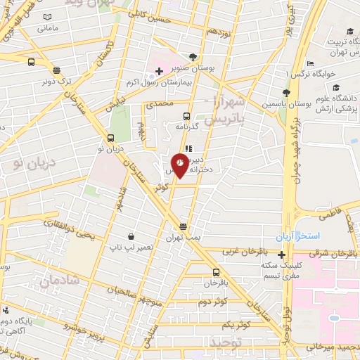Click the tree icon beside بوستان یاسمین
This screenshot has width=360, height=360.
pos(286,93)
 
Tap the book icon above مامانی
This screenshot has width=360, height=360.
pos(46,17)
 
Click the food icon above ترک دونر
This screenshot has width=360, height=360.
pos(56,69)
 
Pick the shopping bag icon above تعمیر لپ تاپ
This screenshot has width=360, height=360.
pos(131,238)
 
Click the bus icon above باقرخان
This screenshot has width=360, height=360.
pos(215,272)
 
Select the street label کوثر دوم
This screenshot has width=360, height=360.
pos(212,303)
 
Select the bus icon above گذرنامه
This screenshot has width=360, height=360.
pos(186,116)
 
